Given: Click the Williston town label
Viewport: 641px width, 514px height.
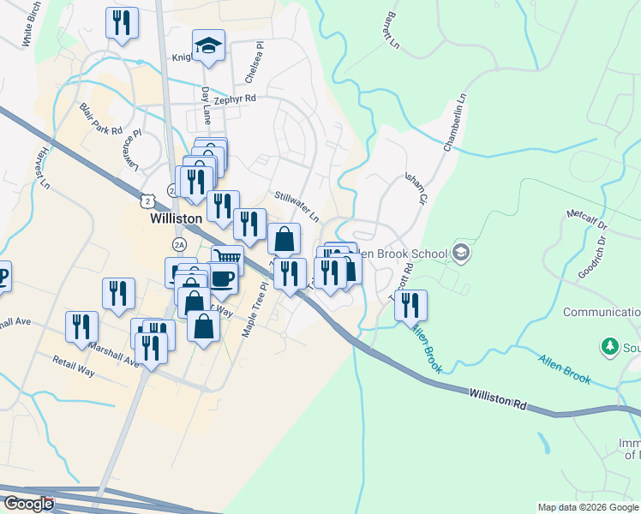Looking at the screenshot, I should pos(176,218).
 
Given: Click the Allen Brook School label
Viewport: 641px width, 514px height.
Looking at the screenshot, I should pos(403,254).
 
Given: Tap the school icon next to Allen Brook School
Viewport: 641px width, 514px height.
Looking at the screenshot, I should pos(461,253).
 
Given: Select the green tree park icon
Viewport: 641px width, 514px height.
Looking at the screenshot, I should pos(609,346).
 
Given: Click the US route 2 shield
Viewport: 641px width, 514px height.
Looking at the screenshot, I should pos(150,200).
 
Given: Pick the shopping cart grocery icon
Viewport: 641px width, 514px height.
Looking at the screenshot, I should pos(227,257).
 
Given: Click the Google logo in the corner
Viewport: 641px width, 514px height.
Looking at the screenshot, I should pos(27,504).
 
